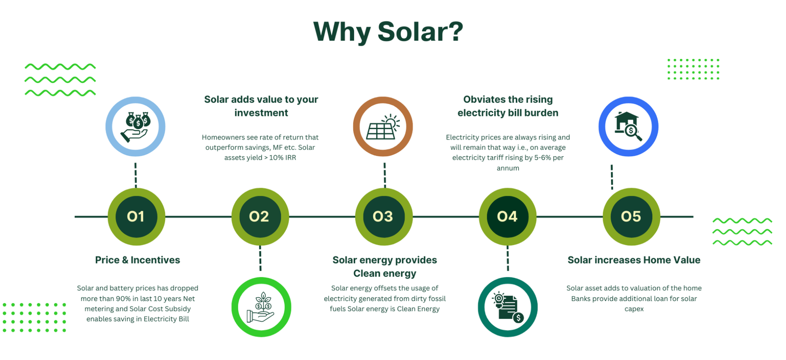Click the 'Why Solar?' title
388,32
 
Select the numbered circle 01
136,217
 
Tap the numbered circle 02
260,217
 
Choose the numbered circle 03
384,217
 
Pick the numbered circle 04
508,217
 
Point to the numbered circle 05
631,217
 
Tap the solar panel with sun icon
383,127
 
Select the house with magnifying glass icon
628,126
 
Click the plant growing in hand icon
261,307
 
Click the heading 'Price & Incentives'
138,260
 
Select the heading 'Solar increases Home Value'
634,260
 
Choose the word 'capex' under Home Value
634,309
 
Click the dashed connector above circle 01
136,175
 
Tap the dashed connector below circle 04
508,258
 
